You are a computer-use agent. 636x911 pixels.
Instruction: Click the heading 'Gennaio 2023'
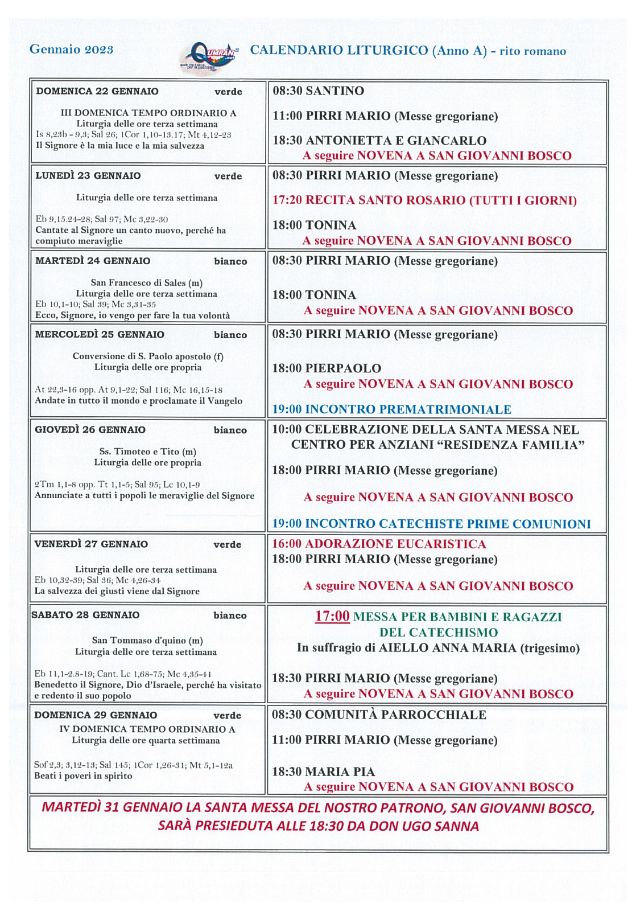click(71, 50)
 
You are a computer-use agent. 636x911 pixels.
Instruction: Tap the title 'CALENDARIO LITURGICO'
click(339, 50)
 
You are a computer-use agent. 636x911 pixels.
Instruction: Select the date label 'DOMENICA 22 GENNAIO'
click(97, 91)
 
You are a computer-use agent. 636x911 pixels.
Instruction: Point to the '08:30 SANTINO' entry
click(318, 91)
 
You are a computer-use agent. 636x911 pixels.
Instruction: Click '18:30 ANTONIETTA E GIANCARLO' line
click(379, 141)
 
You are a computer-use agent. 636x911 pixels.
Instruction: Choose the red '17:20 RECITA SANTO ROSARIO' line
click(424, 200)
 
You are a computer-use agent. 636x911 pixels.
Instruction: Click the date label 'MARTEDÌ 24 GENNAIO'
click(93, 261)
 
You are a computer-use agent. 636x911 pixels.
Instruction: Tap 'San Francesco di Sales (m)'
click(147, 282)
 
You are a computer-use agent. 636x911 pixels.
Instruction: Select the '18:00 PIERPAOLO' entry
click(327, 368)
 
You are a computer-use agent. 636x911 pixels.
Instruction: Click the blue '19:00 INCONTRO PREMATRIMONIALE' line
click(391, 409)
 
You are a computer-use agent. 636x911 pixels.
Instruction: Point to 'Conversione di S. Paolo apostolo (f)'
click(148, 356)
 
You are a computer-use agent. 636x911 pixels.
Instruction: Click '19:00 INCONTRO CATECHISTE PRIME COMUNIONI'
click(431, 524)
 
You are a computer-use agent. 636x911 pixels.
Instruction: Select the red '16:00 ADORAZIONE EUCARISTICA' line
click(379, 544)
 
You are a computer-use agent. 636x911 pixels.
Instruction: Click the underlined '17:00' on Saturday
click(332, 616)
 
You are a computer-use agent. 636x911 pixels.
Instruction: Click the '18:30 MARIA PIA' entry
click(323, 772)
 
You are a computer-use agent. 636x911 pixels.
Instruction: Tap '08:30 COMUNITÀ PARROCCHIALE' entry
click(379, 715)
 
